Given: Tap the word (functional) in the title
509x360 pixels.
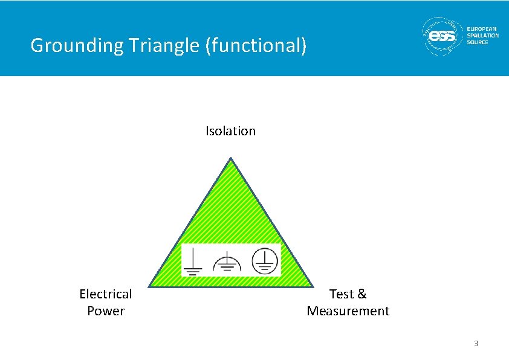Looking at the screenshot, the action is (x=256, y=45).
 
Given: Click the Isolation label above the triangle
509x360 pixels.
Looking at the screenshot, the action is (x=230, y=131).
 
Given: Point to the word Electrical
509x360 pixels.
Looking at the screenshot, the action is (x=106, y=294).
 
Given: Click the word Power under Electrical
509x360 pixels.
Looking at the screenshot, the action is (x=106, y=311).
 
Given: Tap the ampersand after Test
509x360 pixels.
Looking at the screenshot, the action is (x=362, y=294).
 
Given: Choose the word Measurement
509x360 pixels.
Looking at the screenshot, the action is (x=348, y=311).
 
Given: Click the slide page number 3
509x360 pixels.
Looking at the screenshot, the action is (x=476, y=344).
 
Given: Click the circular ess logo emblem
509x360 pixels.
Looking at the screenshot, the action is (x=442, y=37).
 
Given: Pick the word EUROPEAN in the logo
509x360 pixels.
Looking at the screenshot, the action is (x=482, y=29).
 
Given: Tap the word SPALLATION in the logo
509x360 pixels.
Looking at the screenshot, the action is (x=483, y=36).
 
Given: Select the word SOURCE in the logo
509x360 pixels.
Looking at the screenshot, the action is (x=478, y=42).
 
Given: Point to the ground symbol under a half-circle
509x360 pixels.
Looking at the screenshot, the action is (x=227, y=263).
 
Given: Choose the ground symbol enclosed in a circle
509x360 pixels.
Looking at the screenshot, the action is (x=264, y=261).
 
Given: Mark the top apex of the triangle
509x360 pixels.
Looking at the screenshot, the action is (x=231, y=158).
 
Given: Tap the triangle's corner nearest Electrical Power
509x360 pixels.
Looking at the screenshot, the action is (x=150, y=286).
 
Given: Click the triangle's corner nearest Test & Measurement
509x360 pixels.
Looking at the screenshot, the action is (x=312, y=286).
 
